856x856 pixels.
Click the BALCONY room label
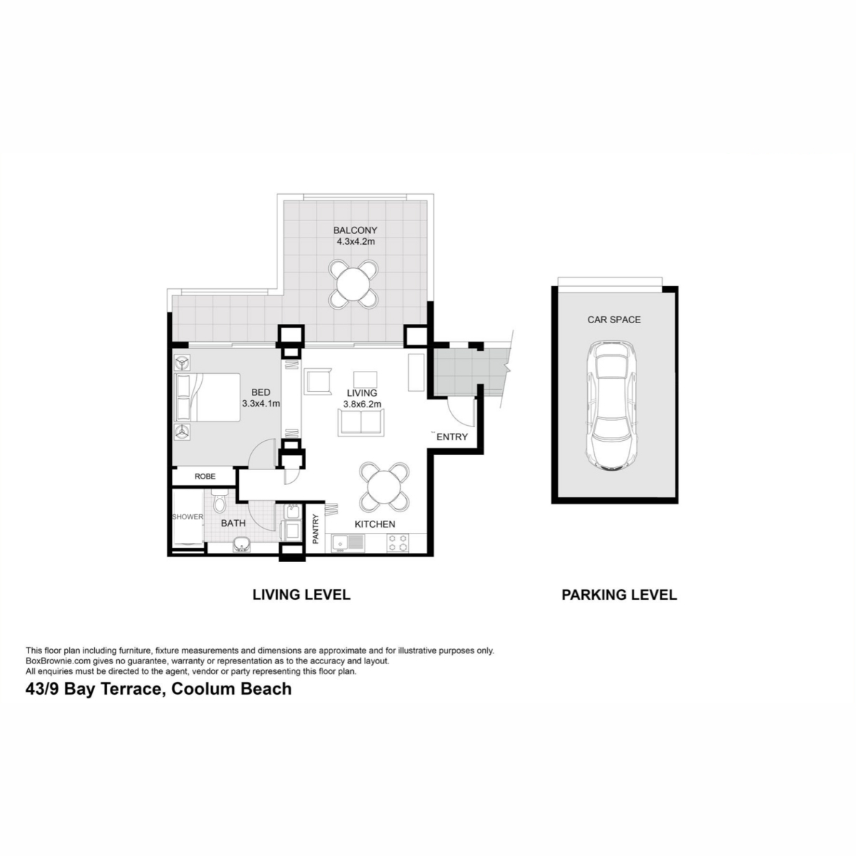355,230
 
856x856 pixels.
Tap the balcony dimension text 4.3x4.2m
355,242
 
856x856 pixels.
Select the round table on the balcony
354,284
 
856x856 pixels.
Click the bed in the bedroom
208,397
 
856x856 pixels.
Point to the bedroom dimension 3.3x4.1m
261,404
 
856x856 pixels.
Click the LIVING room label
362,392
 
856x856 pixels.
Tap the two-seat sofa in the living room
361,422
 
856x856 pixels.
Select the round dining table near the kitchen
384,487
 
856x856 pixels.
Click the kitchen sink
348,542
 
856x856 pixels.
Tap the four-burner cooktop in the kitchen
397,542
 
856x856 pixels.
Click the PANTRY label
316,529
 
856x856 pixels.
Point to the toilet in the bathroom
219,500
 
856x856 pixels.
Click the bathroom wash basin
242,544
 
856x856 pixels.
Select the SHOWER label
188,517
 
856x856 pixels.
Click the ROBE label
205,477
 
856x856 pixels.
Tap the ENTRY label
452,437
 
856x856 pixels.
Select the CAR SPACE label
614,320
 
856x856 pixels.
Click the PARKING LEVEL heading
619,595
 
